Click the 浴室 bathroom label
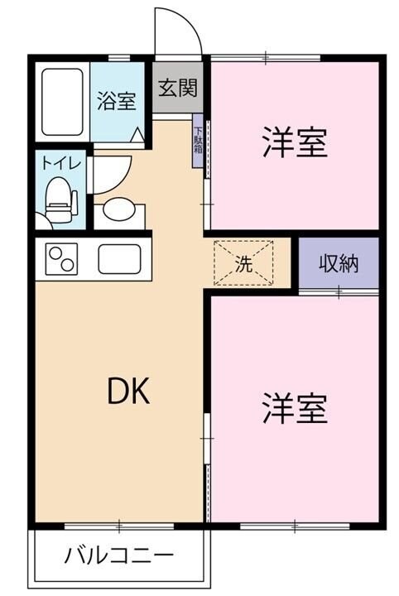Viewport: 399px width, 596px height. (x=116, y=102)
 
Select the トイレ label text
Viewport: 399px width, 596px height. (x=60, y=164)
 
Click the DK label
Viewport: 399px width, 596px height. (x=129, y=392)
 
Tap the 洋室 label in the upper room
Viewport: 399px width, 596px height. (x=295, y=143)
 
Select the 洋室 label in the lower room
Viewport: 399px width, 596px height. (x=295, y=407)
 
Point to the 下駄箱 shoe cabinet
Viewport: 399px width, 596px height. (x=198, y=145)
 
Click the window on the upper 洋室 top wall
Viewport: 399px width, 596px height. (x=266, y=57)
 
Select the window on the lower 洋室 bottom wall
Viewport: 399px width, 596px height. (x=294, y=525)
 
